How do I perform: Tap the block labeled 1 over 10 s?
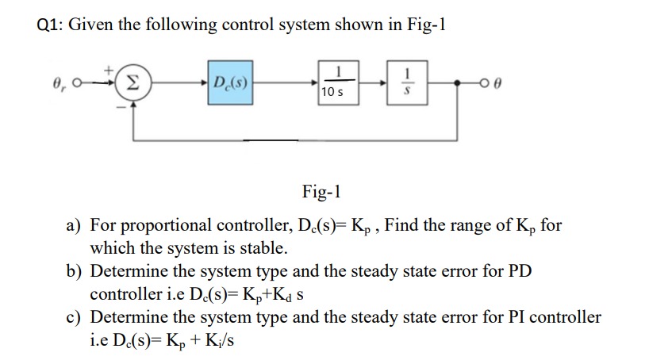click(x=337, y=82)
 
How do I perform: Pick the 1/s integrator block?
click(x=409, y=81)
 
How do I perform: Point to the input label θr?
click(x=60, y=82)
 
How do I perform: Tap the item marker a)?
click(x=75, y=225)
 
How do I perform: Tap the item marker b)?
click(x=75, y=271)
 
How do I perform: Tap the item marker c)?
click(x=75, y=317)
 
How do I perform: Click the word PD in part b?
click(x=518, y=271)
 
